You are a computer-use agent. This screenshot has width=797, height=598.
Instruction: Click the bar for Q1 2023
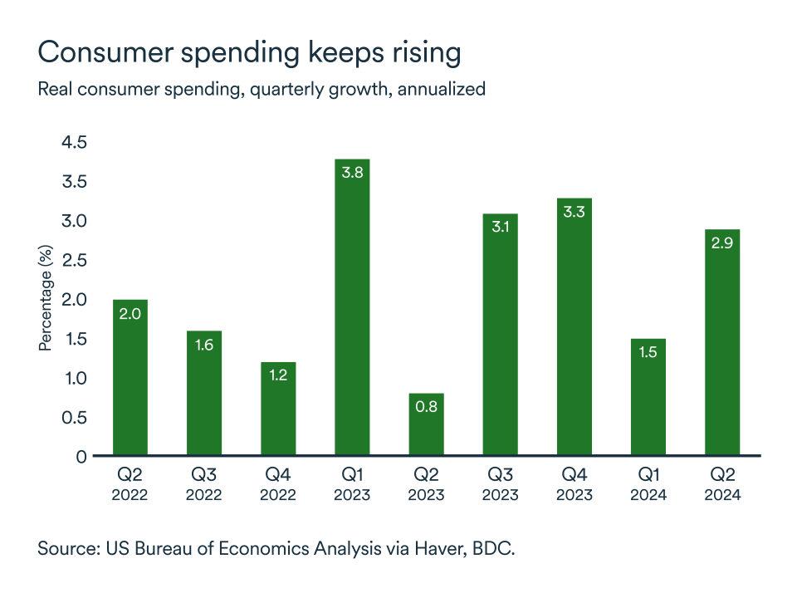pos(352,307)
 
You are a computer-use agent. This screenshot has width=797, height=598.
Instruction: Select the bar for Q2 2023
pos(426,424)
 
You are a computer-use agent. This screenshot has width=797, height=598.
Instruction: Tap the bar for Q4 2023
pos(574,327)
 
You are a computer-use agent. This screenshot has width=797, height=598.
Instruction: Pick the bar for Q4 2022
pos(278,409)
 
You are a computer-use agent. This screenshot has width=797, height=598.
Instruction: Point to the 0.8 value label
pos(426,407)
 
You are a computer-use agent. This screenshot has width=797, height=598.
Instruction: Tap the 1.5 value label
pos(648,352)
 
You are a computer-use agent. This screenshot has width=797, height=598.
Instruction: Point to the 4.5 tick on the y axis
pos(74,143)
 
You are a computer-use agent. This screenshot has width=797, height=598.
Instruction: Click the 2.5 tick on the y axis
pos(74,261)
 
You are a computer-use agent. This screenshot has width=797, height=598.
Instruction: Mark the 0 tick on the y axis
pos(81,457)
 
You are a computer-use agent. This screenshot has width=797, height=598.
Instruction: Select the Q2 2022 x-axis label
pos(130,485)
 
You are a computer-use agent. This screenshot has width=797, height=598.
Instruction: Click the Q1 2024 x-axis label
pos(648,485)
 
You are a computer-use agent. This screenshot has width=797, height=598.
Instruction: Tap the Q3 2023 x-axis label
pos(500,485)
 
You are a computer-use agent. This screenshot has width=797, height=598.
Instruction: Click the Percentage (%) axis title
pos(46,297)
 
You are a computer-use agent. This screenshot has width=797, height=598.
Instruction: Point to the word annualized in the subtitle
pos(441,89)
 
